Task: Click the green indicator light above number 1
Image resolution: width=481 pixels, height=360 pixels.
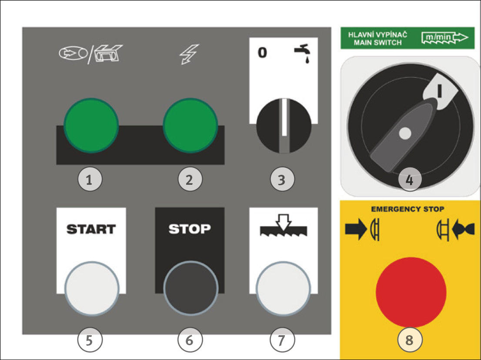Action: (x=91, y=125)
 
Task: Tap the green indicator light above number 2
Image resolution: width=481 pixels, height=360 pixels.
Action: (x=190, y=125)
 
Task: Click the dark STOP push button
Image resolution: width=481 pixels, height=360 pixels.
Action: (x=191, y=288)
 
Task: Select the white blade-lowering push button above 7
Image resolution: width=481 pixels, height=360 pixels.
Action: (x=283, y=288)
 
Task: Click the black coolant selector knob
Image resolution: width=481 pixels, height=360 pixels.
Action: (x=284, y=126)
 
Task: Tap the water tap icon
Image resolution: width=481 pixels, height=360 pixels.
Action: (x=302, y=53)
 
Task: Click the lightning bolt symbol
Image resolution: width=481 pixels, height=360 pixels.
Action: (x=189, y=54)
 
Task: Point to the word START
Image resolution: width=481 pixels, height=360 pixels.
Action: (x=91, y=229)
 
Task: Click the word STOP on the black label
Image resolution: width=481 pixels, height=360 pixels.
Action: (x=190, y=229)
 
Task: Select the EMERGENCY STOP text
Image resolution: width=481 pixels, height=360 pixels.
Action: (x=408, y=209)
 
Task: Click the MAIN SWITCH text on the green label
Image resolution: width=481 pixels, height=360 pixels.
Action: (x=377, y=43)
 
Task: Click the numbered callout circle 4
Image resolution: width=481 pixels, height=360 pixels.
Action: (x=410, y=180)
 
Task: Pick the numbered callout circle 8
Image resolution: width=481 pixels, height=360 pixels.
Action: (x=410, y=340)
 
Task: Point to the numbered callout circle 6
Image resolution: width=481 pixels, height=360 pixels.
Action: (x=190, y=340)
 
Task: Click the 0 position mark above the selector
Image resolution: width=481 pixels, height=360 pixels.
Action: (x=262, y=53)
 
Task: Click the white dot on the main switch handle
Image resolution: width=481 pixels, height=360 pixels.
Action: (x=405, y=133)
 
